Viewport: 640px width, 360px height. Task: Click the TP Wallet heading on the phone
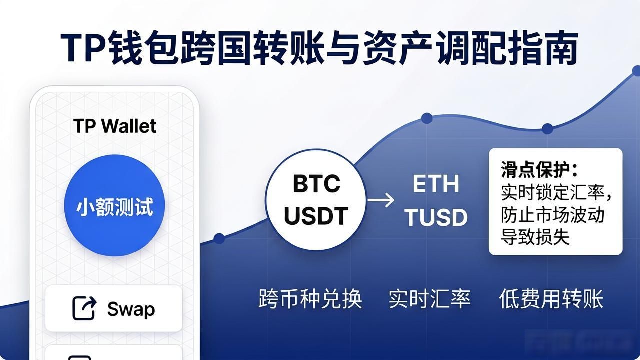[x=115, y=126]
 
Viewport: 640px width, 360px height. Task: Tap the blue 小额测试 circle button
[x=114, y=205]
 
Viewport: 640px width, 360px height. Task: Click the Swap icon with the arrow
[x=84, y=308]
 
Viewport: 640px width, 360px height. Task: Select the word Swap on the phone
[x=131, y=309]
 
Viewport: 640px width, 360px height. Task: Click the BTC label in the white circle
[x=316, y=183]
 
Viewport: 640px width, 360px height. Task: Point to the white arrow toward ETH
[x=381, y=200]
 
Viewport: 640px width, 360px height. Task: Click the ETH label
[x=436, y=184]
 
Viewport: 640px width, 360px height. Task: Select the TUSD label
[x=436, y=217]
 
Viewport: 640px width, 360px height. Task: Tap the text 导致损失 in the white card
[x=535, y=237]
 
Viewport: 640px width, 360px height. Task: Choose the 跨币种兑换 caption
[x=310, y=299]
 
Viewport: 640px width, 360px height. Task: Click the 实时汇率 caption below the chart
[x=429, y=299]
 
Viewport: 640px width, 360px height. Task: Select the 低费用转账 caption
[x=551, y=299]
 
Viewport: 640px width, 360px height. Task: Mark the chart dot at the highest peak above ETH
[x=427, y=118]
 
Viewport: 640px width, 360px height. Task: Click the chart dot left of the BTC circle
[x=219, y=238]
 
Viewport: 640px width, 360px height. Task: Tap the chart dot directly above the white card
[x=547, y=129]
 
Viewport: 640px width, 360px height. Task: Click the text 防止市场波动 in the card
[x=552, y=215]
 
